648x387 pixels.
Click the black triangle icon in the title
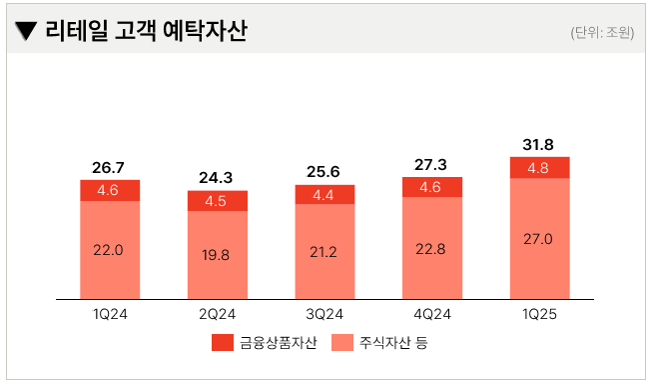[27, 32]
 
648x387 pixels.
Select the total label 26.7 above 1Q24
[110, 167]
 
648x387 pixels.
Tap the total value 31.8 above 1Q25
[538, 144]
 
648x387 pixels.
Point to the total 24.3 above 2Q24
[217, 178]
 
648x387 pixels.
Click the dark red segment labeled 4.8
[538, 167]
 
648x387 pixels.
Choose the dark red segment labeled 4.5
[217, 201]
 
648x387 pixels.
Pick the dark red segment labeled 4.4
[324, 195]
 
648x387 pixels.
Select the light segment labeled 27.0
[538, 238]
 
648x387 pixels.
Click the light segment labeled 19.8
[217, 255]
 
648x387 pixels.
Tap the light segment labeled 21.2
[324, 251]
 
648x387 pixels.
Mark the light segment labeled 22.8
[431, 248]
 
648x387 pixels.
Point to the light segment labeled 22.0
[110, 250]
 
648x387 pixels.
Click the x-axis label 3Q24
[324, 314]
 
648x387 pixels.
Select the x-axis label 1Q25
[538, 314]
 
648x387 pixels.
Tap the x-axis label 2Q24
[217, 314]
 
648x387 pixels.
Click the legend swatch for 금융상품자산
[222, 344]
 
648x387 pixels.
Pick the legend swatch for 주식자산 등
[341, 344]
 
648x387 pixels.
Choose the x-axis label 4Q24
[431, 314]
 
